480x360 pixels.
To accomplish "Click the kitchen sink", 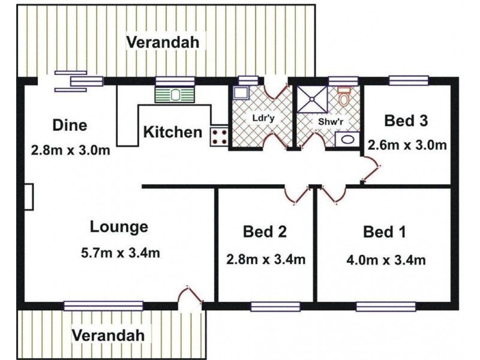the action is click(175, 95).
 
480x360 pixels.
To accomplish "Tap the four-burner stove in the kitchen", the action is click(220, 137).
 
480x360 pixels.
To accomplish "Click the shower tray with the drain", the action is click(312, 99).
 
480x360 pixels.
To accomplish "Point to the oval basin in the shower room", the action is click(347, 140).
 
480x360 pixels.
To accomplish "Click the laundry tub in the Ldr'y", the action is click(241, 92).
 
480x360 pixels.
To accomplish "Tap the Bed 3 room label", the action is click(406, 121).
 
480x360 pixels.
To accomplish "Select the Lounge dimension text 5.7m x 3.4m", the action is click(121, 253).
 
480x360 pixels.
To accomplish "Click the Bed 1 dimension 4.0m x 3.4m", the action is click(386, 260).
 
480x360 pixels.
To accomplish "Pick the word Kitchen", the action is click(173, 132).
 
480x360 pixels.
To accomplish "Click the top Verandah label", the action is click(163, 42).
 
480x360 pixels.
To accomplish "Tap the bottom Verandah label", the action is click(108, 335).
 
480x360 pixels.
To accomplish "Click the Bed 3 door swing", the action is click(371, 169).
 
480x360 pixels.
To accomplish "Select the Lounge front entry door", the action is click(190, 295).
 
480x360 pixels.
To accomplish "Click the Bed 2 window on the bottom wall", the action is click(275, 307).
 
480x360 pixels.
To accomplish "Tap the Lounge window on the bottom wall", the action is click(103, 306).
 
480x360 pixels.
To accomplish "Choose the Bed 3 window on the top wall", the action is click(409, 80).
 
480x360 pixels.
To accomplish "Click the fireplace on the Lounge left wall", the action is click(28, 197).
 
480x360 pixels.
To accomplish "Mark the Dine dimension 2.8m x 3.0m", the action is click(70, 151).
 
